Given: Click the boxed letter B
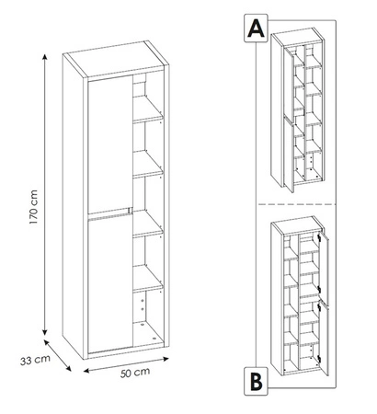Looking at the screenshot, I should click(254, 376).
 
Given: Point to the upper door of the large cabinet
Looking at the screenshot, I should click(109, 147).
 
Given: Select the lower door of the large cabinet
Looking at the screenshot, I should click(109, 281).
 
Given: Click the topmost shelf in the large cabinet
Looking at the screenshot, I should click(147, 117).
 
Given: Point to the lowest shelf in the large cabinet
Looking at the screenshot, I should click(147, 288).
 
